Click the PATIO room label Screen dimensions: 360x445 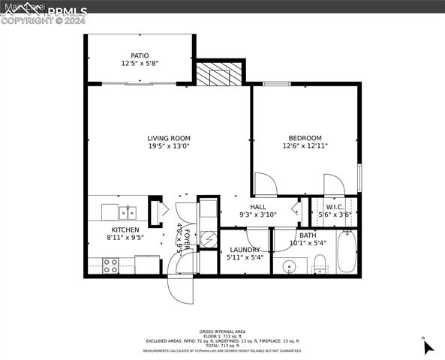click(140, 55)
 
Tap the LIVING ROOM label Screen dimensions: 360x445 click(168, 138)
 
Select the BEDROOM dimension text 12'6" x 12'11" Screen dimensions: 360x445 click(305, 147)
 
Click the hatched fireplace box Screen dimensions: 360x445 click(221, 75)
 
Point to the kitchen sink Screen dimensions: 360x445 click(128, 211)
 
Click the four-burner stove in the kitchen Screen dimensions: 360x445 click(110, 265)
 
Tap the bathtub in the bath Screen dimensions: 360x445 click(346, 253)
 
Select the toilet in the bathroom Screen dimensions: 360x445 click(319, 263)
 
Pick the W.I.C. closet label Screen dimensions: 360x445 click(334, 207)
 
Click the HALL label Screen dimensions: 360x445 click(258, 207)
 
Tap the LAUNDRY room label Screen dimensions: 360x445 click(245, 250)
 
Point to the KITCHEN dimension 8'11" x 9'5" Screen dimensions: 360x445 click(125, 238)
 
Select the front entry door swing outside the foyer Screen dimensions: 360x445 click(183, 288)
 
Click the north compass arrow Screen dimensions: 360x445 click(428, 346)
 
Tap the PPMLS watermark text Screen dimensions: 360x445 click(68, 10)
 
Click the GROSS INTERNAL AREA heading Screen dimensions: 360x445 click(222, 331)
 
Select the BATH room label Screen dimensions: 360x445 click(308, 235)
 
